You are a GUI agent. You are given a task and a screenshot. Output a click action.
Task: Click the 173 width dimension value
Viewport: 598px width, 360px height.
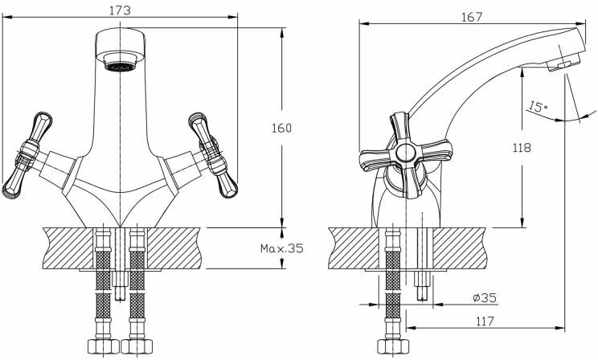click(x=121, y=10)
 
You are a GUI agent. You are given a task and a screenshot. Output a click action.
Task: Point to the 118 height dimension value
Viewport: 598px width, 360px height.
click(x=523, y=146)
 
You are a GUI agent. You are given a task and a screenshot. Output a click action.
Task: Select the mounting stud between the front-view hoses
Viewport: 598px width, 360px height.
click(x=120, y=281)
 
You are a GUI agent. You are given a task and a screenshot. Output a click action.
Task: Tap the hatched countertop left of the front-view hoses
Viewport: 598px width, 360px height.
click(x=68, y=248)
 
